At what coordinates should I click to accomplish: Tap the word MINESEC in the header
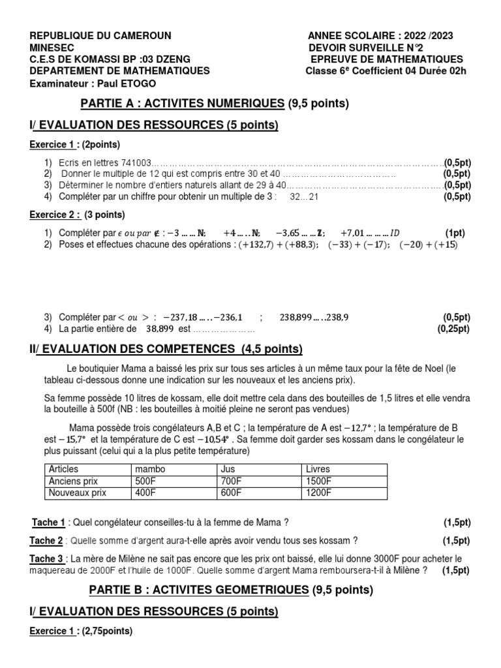[52, 48]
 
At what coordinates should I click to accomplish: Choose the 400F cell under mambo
[145, 493]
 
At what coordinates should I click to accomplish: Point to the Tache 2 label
[47, 540]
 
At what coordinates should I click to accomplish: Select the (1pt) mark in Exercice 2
[455, 233]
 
